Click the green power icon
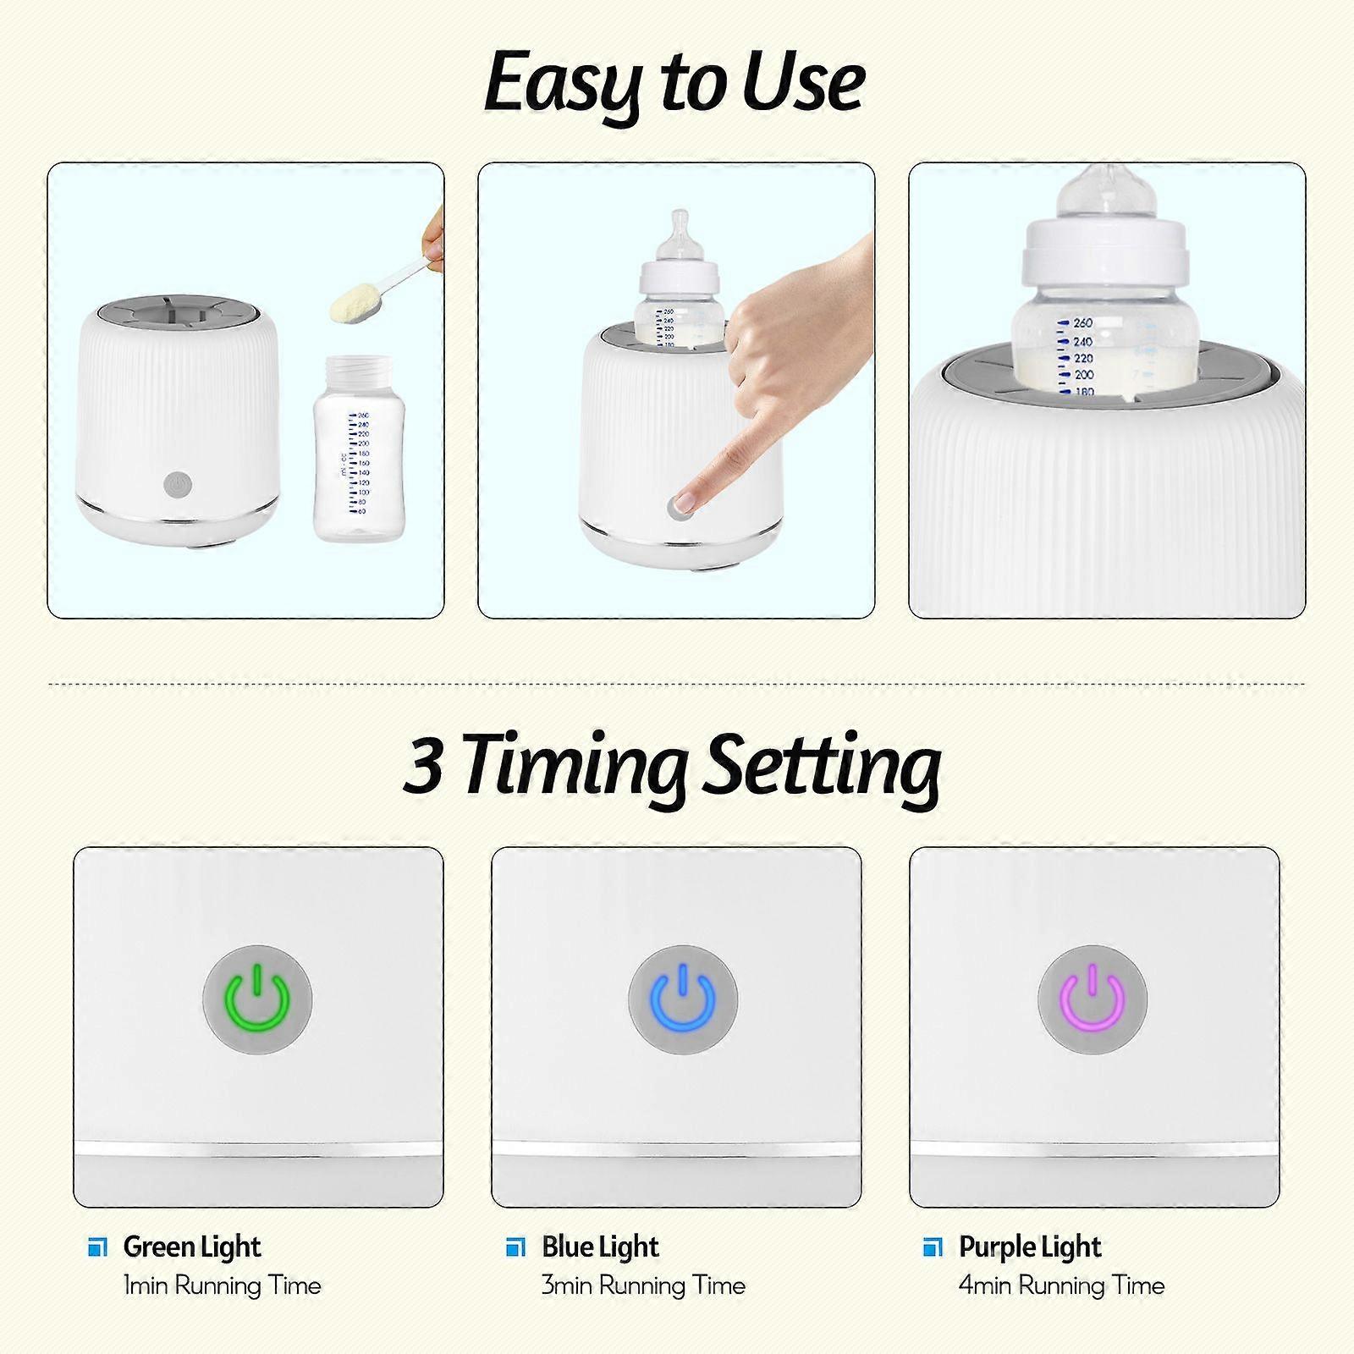coord(257,1000)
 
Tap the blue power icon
coord(683,1000)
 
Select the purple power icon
coord(1093,1000)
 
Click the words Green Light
coord(192,1247)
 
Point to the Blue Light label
coord(600,1247)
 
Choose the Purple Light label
coord(1030,1247)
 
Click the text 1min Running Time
coord(223,1285)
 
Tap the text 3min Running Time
coord(643,1285)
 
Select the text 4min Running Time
coord(1062,1285)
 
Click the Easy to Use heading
coord(674,83)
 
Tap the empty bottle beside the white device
coord(359,449)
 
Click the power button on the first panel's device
coord(178,485)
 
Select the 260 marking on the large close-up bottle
coord(1082,322)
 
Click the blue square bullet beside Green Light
coord(98,1247)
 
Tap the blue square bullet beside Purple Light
coord(933,1247)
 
